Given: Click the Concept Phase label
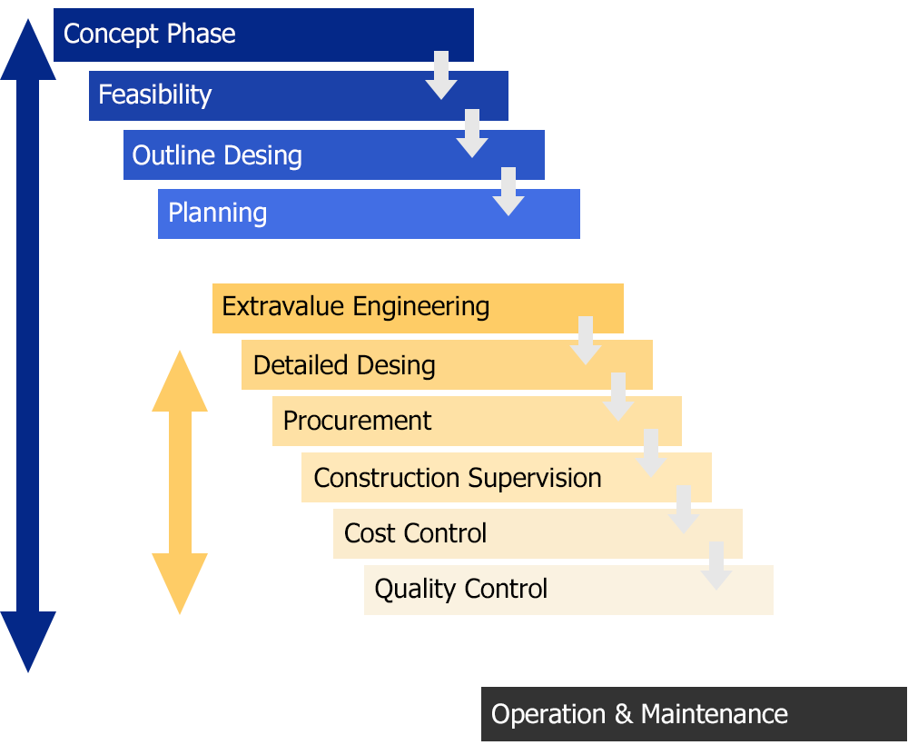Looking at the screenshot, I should tap(150, 35).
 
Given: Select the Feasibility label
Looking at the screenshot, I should tap(155, 94).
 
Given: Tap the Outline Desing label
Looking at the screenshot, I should tap(217, 155).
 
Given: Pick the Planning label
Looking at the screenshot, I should tap(218, 214).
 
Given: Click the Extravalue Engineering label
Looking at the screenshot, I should tap(356, 306).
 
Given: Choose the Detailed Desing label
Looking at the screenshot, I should tap(344, 365).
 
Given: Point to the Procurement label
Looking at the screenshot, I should tap(358, 421).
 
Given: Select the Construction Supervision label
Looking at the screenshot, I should tap(458, 478).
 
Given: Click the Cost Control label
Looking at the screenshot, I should tap(416, 533).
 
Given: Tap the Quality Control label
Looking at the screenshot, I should tap(461, 589).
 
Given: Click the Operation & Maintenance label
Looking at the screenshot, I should tap(639, 714).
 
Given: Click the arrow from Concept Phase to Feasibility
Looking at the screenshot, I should tap(441, 76).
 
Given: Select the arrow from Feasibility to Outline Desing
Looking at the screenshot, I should tap(472, 134).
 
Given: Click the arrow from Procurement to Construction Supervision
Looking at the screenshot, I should tap(651, 453).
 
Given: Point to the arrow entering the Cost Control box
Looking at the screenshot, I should tap(684, 510).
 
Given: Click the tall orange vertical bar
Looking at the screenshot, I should tap(180, 482).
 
